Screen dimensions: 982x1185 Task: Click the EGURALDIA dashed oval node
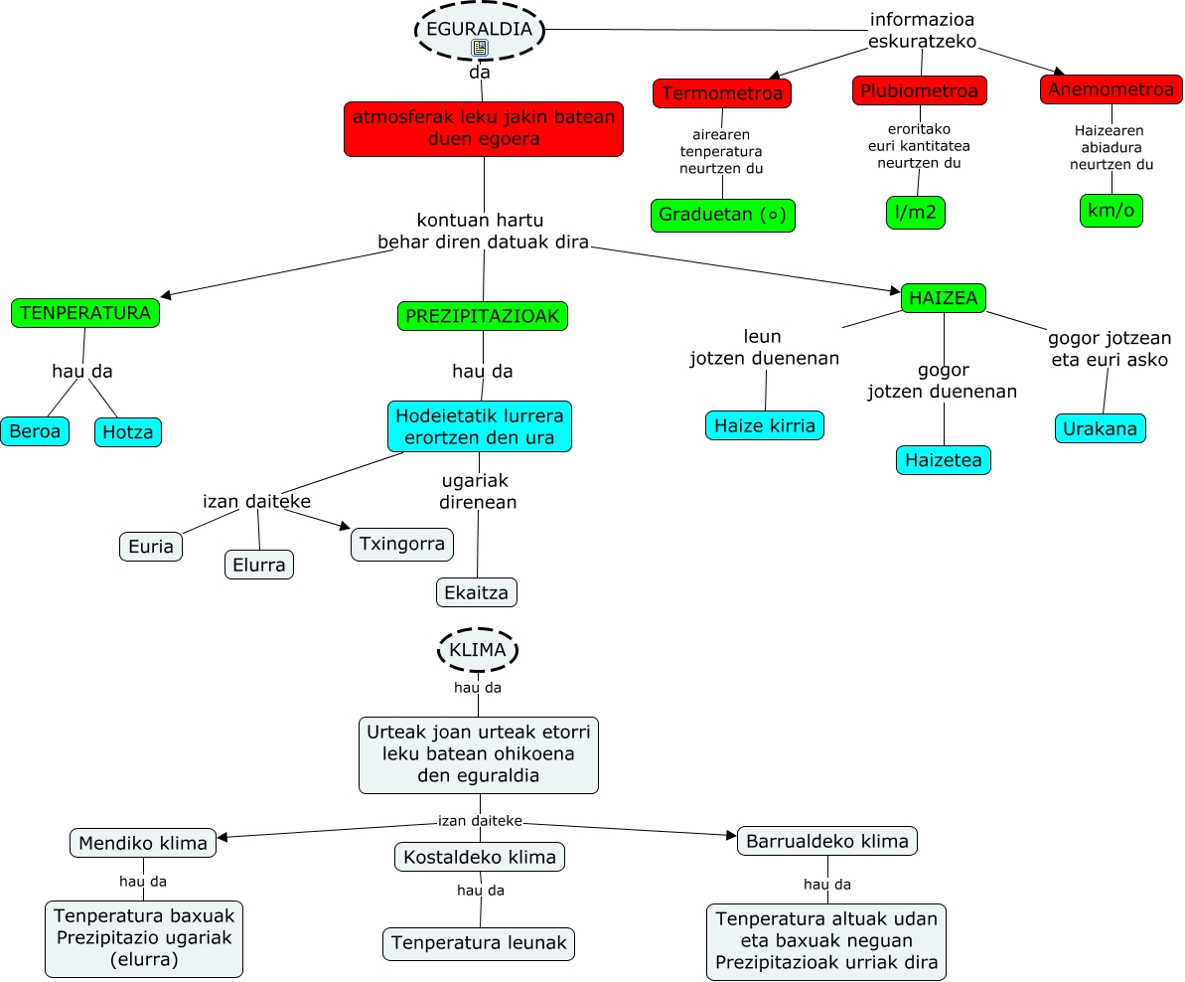click(480, 29)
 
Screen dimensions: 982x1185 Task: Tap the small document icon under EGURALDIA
click(480, 48)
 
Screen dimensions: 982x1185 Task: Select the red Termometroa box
click(722, 93)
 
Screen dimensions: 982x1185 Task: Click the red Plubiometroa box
click(919, 90)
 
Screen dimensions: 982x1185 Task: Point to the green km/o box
click(1111, 211)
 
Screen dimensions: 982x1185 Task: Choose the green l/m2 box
click(915, 213)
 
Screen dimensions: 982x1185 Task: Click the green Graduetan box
click(723, 216)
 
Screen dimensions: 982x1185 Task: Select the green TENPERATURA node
click(85, 313)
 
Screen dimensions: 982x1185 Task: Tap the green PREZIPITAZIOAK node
click(483, 316)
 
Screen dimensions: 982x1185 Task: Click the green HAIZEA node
click(943, 298)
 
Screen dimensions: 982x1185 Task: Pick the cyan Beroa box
click(36, 431)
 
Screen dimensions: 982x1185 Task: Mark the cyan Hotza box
click(128, 432)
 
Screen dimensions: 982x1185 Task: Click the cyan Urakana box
click(1100, 428)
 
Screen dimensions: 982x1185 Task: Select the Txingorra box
click(402, 545)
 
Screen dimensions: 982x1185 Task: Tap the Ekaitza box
click(477, 592)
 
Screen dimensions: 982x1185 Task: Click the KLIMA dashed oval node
click(478, 650)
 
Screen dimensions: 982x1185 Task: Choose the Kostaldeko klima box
click(480, 857)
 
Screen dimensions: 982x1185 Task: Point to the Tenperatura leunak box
click(479, 943)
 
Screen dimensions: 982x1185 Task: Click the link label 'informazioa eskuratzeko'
click(922, 30)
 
